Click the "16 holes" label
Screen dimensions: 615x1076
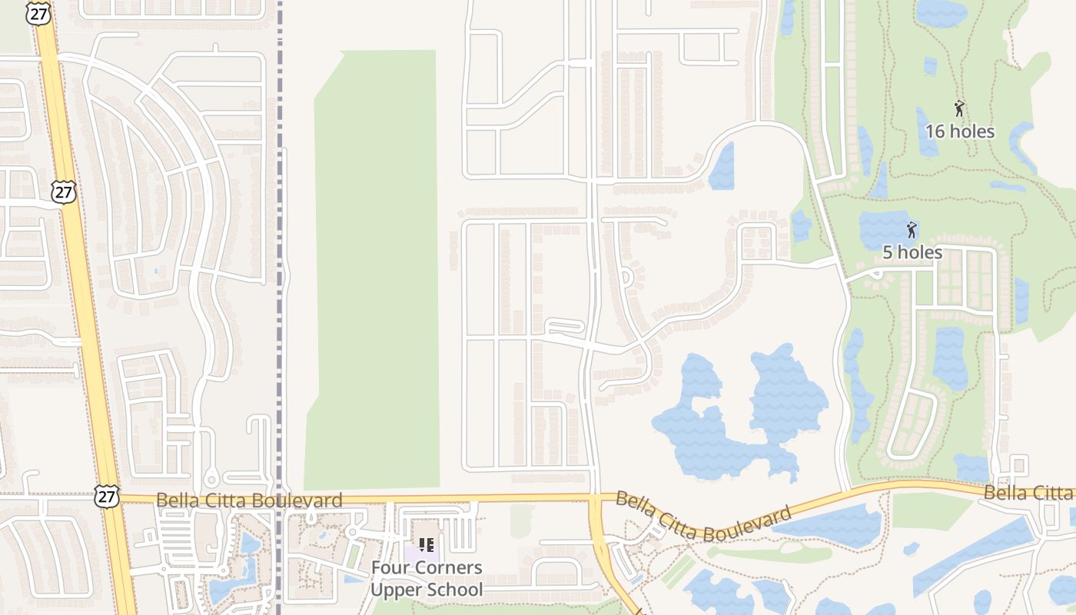click(959, 131)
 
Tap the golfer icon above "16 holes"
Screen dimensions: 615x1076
click(959, 108)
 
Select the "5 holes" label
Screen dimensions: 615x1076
click(912, 252)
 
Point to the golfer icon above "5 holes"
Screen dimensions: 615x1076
click(912, 229)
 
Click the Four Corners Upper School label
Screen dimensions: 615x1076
click(427, 578)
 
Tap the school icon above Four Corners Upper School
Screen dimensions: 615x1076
click(427, 545)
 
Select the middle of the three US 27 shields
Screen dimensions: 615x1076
click(64, 191)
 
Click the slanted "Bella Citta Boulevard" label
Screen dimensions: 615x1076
click(703, 517)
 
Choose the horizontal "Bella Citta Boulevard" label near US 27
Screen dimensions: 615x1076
click(249, 500)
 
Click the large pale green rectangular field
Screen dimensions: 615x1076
click(375, 269)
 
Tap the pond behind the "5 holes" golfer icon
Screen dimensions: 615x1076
click(884, 229)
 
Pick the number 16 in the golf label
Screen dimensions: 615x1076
click(934, 131)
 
